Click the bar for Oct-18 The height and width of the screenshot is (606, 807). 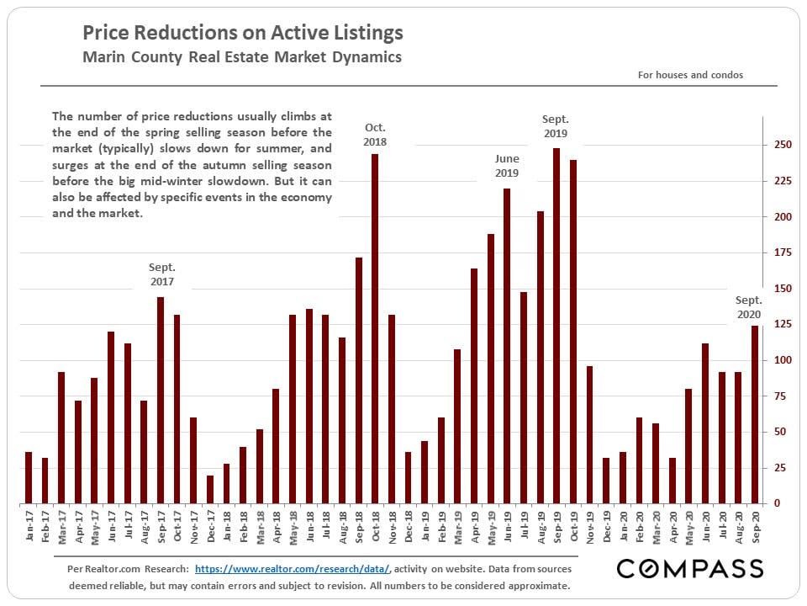coord(375,328)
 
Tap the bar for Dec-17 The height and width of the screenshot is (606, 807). coord(210,489)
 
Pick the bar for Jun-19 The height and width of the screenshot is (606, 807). coord(507,346)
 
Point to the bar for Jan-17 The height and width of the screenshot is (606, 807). coord(29,477)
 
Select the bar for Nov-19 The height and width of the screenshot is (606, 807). coord(589,434)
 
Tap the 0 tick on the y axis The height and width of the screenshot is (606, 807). coord(778,503)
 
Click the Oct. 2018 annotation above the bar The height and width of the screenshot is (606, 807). coord(375,135)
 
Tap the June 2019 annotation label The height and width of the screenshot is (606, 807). coord(507,166)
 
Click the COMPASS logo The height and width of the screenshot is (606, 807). coord(690,569)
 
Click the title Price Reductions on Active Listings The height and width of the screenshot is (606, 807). coord(243,33)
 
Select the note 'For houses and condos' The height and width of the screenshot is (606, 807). coord(690,75)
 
